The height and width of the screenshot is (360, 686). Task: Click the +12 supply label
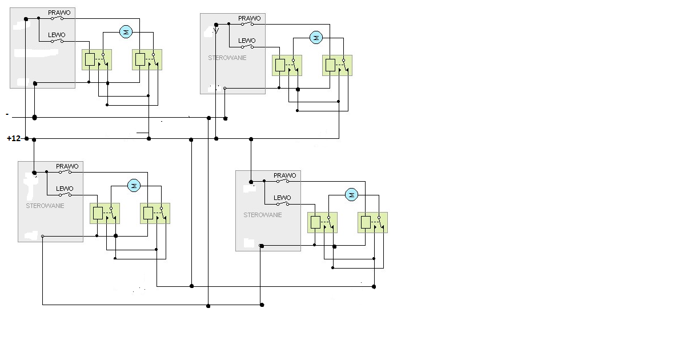point(14,138)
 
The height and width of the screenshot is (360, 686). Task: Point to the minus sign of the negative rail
point(7,114)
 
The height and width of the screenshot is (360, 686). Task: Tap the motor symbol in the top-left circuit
point(126,31)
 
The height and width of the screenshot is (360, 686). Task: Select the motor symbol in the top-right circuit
point(315,38)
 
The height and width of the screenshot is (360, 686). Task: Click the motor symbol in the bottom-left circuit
point(134,185)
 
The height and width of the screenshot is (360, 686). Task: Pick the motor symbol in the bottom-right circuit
point(352,195)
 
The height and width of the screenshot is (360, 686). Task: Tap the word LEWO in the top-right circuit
point(247,41)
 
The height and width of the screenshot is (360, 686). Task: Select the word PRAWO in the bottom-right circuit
point(285,175)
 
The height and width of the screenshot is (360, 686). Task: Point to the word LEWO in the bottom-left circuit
point(65,189)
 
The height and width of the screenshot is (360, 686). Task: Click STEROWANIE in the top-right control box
point(227,58)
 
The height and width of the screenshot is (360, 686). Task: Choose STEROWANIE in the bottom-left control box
point(45,205)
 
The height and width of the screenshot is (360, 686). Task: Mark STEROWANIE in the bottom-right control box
point(263,215)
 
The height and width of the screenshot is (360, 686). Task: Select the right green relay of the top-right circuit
point(337,65)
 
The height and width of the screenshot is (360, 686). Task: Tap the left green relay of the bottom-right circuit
point(322,222)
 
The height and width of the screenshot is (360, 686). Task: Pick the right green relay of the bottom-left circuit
point(155,213)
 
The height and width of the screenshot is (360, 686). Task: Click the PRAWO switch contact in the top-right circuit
point(249,24)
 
